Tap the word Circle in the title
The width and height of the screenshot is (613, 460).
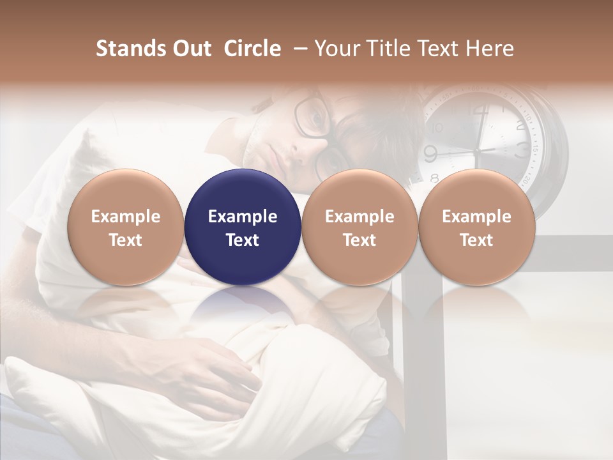(252, 49)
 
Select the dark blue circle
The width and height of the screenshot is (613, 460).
(243, 227)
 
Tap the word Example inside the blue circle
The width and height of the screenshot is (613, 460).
(243, 217)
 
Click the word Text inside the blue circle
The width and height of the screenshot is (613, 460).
(243, 240)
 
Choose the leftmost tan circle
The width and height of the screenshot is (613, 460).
(126, 227)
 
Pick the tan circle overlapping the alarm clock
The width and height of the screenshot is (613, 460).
(477, 227)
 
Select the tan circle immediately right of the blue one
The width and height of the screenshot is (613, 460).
(359, 227)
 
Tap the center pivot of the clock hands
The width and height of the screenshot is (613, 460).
(476, 151)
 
